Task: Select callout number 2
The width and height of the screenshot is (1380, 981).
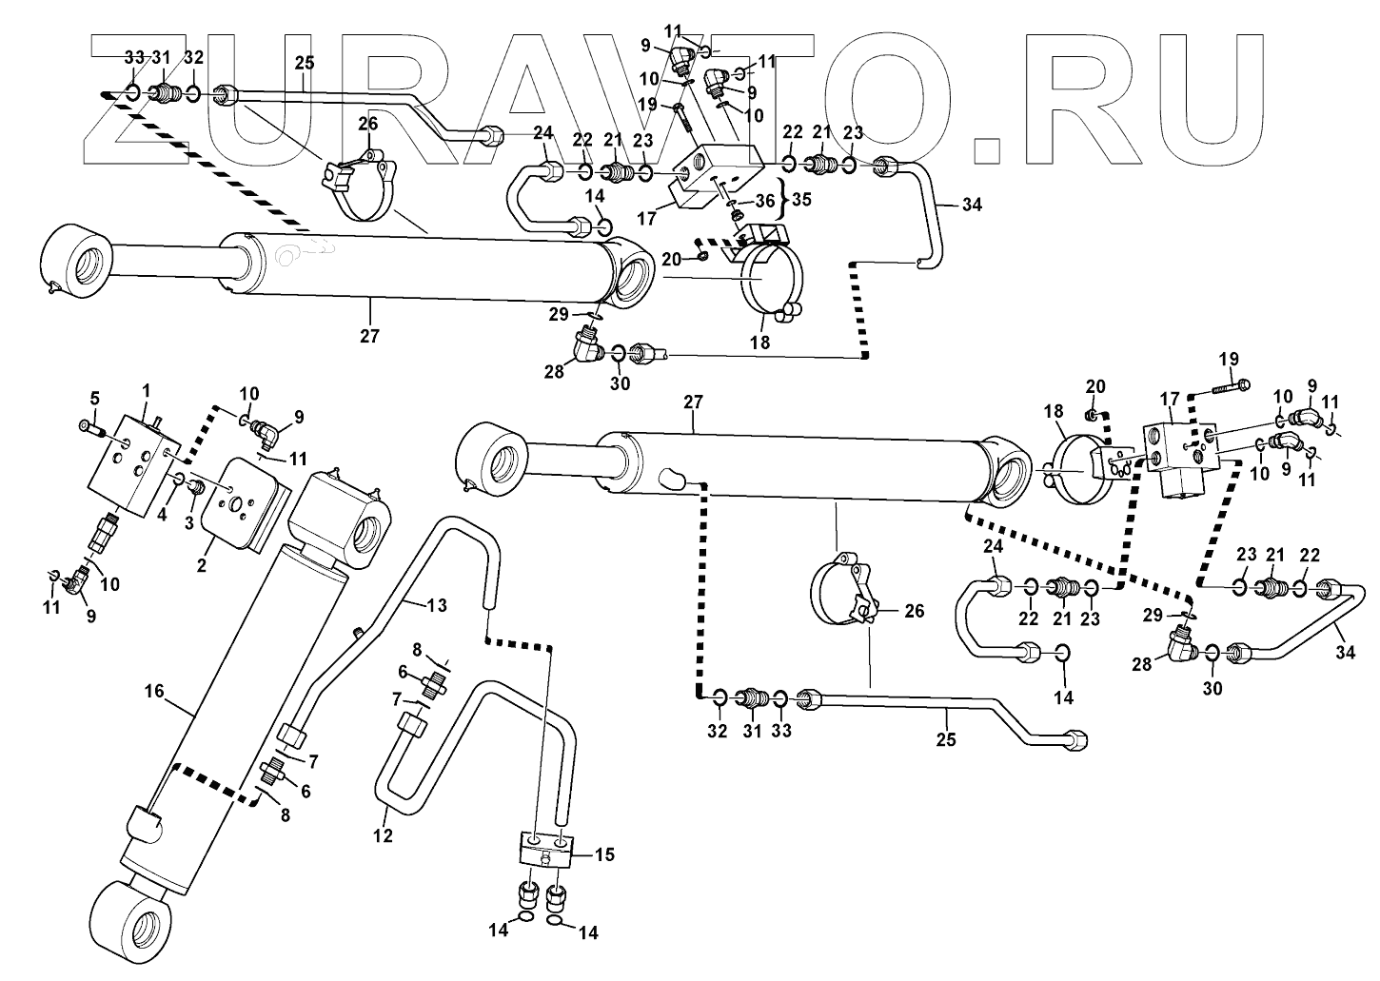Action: point(202,566)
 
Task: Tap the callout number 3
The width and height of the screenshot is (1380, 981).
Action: point(188,522)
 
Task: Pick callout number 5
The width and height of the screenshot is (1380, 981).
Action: point(94,397)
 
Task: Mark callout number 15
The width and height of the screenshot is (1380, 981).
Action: point(604,854)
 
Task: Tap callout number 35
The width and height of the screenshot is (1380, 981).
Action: point(802,201)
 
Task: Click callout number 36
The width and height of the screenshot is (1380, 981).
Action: point(765,201)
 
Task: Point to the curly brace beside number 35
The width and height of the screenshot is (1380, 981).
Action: point(783,200)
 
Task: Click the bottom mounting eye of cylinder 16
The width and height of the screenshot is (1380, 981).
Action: point(135,922)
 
